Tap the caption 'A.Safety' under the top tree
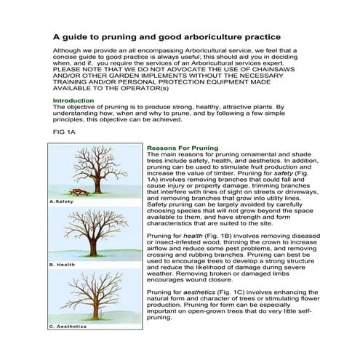(x=62, y=200)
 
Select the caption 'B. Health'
(x=62, y=265)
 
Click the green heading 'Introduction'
(x=73, y=100)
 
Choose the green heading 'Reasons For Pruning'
(x=182, y=148)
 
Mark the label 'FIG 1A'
(x=64, y=135)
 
